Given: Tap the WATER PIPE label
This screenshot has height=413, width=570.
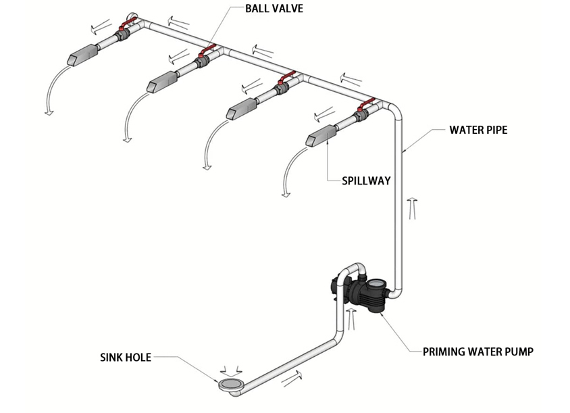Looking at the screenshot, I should (478, 130).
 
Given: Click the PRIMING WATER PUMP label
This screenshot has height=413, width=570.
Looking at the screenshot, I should (478, 351).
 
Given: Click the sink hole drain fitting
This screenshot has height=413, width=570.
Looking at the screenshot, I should (230, 385).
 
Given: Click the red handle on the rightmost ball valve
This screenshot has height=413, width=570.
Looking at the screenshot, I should (366, 105).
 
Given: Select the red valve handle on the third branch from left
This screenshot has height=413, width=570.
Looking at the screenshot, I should (286, 78).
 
